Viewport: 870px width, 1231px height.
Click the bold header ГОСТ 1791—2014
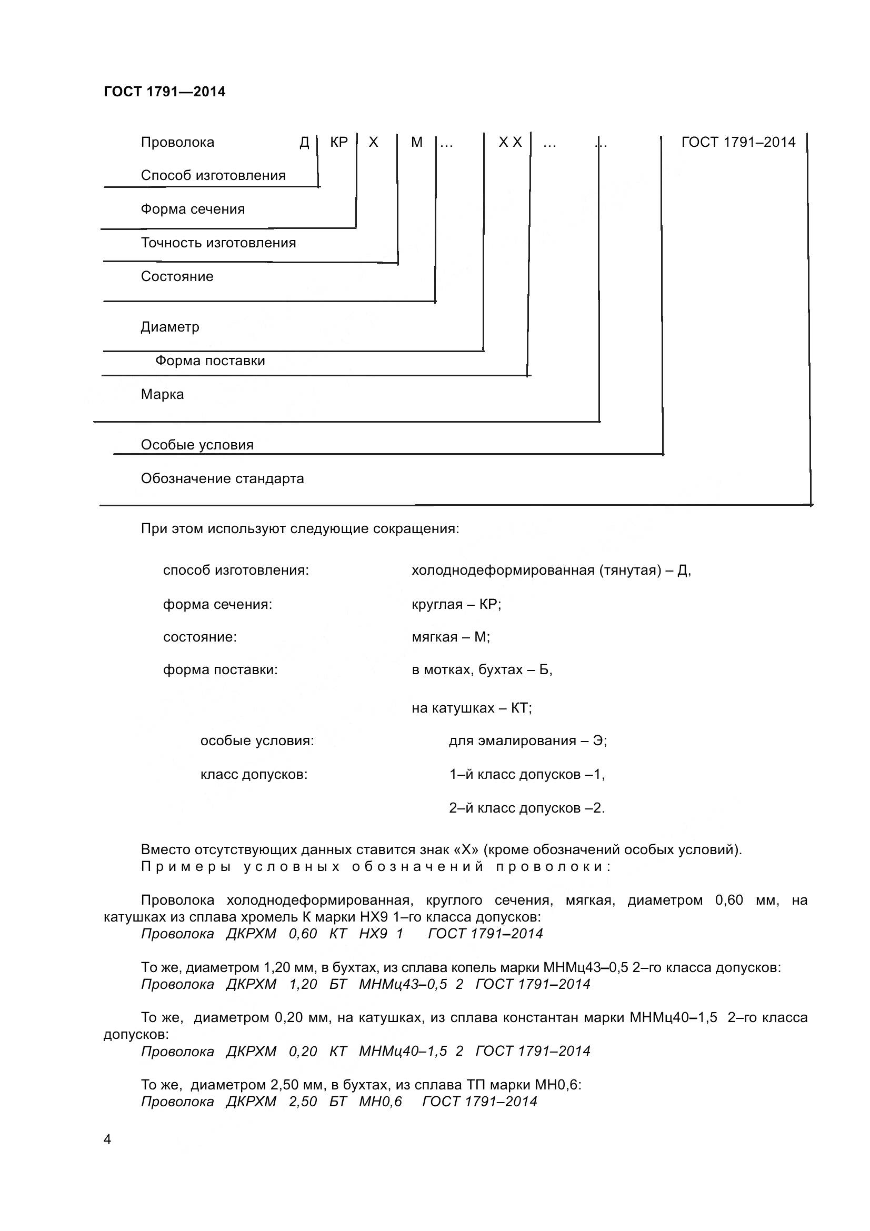click(x=165, y=92)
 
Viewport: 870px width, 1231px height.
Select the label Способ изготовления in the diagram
click(x=213, y=175)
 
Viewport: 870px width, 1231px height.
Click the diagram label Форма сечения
click(x=193, y=209)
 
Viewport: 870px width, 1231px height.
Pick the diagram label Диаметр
click(x=170, y=327)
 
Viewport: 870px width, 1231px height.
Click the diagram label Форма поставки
click(x=210, y=361)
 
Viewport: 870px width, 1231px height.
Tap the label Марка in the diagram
click(x=162, y=395)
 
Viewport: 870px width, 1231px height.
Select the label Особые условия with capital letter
click(x=197, y=445)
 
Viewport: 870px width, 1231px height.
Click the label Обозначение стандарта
click(x=222, y=479)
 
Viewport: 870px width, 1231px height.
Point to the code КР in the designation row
click(x=339, y=142)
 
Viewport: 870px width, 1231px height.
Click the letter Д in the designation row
click(x=304, y=143)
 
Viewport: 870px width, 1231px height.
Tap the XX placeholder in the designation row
click(x=510, y=143)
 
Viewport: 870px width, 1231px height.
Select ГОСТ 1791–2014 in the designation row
click(x=738, y=142)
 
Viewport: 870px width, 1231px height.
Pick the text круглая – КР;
click(x=456, y=605)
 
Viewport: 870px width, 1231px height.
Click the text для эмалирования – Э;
click(x=527, y=741)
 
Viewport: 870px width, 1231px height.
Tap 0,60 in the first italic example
click(x=303, y=934)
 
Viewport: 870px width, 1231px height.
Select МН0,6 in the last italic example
click(x=380, y=1101)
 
